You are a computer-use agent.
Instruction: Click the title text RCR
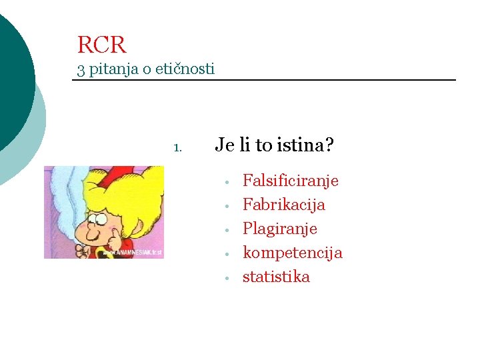[101, 45]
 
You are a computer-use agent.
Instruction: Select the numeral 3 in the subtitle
[81, 69]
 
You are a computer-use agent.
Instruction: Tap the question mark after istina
[329, 145]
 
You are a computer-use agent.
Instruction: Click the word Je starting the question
[223, 145]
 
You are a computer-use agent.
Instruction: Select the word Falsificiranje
[291, 181]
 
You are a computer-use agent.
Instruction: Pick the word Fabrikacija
[284, 205]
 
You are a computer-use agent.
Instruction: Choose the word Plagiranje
[280, 229]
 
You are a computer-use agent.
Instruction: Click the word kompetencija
[293, 253]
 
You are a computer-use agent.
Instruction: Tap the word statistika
[276, 277]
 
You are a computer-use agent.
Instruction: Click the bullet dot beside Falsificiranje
[227, 182]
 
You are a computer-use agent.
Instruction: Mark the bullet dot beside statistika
[227, 278]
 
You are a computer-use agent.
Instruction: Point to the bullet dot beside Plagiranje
[227, 230]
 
